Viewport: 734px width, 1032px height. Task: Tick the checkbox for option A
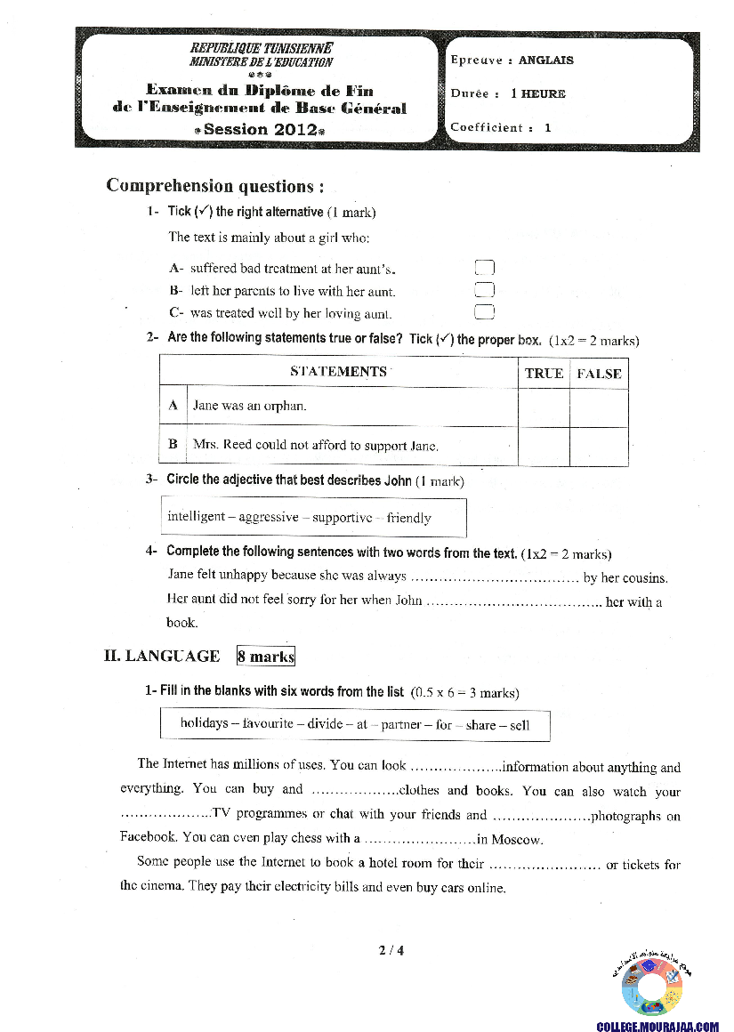484,268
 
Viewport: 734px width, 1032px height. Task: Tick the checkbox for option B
484,290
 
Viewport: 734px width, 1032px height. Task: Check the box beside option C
484,311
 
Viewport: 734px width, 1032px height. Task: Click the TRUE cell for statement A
544,407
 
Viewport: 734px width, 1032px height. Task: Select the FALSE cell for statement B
599,446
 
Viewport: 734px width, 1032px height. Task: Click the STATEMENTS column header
339,372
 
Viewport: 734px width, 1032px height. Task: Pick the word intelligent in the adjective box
196,518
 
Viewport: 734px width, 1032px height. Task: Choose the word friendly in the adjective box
408,518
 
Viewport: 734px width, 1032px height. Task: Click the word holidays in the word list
204,724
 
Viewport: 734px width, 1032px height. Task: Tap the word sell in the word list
519,724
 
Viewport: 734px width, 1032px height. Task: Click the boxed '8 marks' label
265,657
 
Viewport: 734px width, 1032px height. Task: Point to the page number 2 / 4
391,950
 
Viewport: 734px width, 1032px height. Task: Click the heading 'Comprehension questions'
214,186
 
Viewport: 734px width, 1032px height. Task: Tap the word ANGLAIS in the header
546,60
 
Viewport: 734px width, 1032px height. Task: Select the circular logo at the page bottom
652,985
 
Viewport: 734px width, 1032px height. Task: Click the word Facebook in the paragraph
148,837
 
